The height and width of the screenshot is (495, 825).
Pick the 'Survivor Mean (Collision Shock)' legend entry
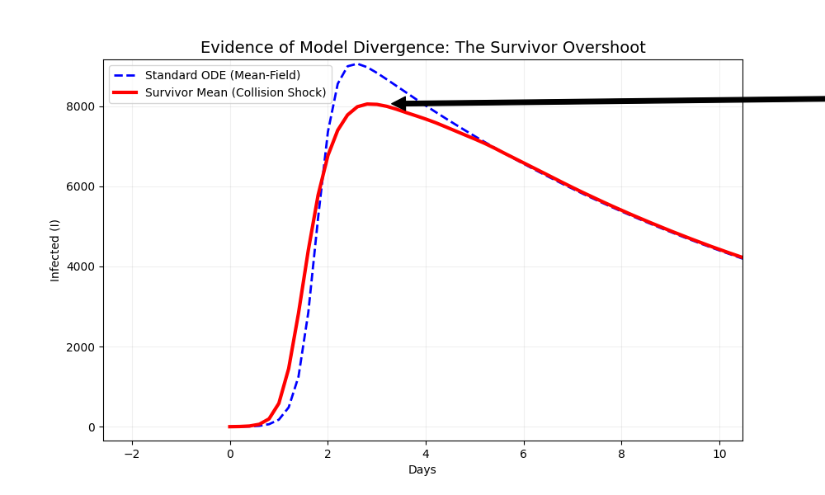point(235,92)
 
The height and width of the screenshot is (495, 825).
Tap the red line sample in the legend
point(126,92)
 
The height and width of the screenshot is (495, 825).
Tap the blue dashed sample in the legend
point(126,75)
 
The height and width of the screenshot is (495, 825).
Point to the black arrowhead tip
point(392,104)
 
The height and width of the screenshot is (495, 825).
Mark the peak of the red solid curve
point(371,104)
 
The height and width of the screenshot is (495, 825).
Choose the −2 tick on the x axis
point(132,454)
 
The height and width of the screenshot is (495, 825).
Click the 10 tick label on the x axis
point(719,454)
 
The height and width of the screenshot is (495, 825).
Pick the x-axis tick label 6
point(523,454)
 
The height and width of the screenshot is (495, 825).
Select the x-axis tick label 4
point(426,454)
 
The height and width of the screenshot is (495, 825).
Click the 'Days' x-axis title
point(422,470)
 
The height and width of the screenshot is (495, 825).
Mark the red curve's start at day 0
point(230,427)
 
